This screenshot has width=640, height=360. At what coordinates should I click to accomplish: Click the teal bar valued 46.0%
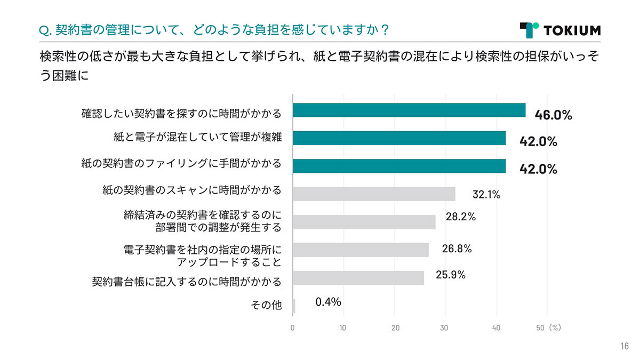tap(409, 110)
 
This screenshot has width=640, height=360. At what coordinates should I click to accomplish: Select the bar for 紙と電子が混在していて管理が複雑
tap(399, 138)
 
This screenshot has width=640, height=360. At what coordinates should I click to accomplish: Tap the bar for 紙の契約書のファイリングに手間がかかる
tap(399, 166)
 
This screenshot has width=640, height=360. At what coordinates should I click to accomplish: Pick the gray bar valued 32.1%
tap(374, 194)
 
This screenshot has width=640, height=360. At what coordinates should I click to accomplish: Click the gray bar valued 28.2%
tap(364, 221)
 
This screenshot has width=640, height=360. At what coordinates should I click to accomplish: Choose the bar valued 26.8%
tap(361, 250)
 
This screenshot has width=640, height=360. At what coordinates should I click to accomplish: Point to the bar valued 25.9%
tap(358, 278)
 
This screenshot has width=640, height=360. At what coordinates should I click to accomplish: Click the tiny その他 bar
tap(294, 306)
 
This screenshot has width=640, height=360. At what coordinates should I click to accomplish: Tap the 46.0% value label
tap(553, 115)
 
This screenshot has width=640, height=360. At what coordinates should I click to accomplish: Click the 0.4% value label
tap(328, 302)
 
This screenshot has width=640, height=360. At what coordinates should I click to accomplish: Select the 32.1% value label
tap(486, 195)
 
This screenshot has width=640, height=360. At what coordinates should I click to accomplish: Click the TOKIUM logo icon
tap(529, 30)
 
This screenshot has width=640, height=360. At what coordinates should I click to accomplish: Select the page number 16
tap(624, 347)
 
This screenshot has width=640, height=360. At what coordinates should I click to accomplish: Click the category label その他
tap(266, 306)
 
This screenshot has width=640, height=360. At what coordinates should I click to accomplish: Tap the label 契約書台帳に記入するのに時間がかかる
tap(186, 281)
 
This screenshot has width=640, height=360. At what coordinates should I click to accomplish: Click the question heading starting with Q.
tap(214, 30)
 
